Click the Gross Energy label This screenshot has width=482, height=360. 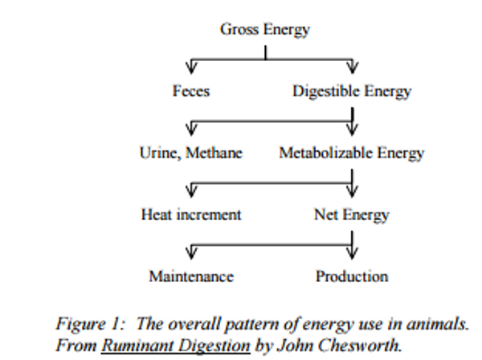click(x=265, y=31)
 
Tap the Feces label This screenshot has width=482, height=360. click(x=191, y=91)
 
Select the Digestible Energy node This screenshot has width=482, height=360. click(x=352, y=92)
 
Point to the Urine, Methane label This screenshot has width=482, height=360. click(x=191, y=153)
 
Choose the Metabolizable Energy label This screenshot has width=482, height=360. click(x=352, y=153)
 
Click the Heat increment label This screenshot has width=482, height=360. click(x=191, y=215)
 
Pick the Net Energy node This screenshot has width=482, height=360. click(x=352, y=215)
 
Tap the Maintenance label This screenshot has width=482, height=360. click(x=191, y=276)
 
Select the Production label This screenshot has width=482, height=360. click(x=352, y=276)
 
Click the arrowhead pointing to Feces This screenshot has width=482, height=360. click(x=191, y=67)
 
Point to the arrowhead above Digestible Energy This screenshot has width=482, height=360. click(x=353, y=67)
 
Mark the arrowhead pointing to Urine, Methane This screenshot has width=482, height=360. click(x=191, y=129)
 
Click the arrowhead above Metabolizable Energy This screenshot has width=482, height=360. click(x=353, y=129)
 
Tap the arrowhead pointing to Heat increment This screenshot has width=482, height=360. click(x=191, y=191)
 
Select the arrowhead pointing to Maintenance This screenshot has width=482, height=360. click(x=191, y=253)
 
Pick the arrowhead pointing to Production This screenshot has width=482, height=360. click(x=352, y=253)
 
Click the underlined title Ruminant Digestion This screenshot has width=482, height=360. click(x=176, y=346)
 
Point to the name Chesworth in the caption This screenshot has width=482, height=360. click(x=360, y=346)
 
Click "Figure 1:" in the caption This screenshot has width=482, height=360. click(x=91, y=325)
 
